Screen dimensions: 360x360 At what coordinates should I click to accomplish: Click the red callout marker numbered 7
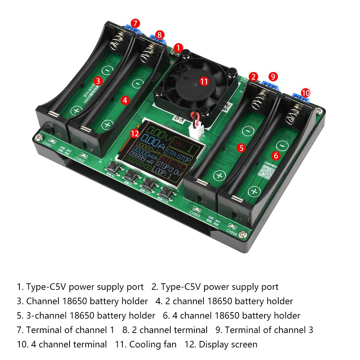[135, 23]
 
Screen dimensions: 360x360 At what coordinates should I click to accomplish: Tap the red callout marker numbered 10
[305, 93]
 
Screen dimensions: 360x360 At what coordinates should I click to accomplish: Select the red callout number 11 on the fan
[204, 81]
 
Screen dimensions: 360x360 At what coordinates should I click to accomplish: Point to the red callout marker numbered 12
[135, 134]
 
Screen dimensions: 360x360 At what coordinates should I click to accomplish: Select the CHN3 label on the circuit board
[195, 214]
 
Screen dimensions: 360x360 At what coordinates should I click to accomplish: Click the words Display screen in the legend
[228, 345]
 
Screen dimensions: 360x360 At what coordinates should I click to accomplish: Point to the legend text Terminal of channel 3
[269, 330]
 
